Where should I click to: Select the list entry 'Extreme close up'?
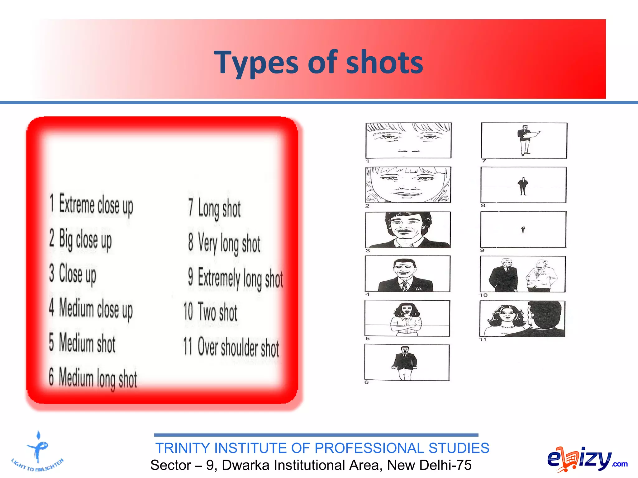click(x=92, y=205)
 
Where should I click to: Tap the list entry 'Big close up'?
click(x=81, y=240)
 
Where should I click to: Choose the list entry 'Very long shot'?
click(x=224, y=243)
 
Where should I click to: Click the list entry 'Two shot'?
click(x=211, y=312)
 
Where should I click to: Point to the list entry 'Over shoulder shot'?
click(x=231, y=347)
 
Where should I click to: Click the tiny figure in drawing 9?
click(x=523, y=230)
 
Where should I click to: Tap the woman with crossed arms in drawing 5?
click(x=406, y=319)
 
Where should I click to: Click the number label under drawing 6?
click(x=367, y=382)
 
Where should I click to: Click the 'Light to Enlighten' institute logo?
click(x=38, y=453)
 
